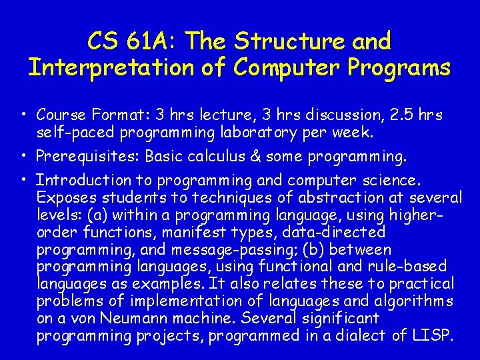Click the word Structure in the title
[x=289, y=41]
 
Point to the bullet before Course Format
[x=23, y=115]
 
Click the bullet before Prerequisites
[x=23, y=157]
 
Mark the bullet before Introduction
[x=23, y=180]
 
